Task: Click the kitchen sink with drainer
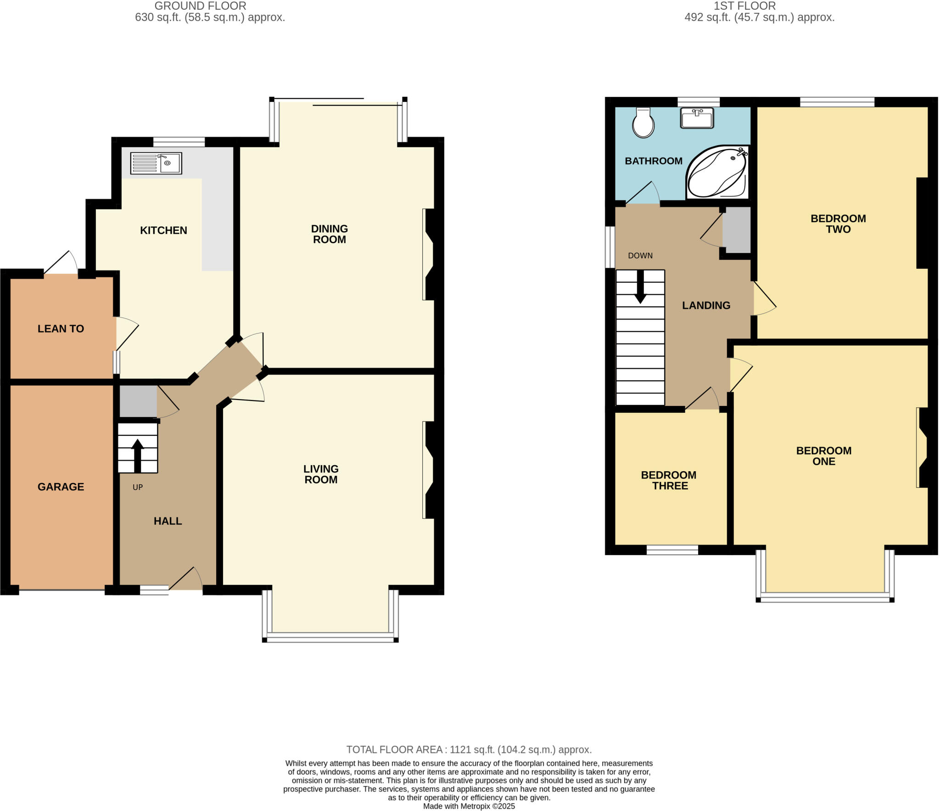pyautogui.click(x=156, y=163)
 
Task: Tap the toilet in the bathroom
pyautogui.click(x=643, y=123)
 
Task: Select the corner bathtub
pyautogui.click(x=716, y=172)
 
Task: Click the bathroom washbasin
pyautogui.click(x=697, y=118)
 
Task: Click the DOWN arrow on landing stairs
pyautogui.click(x=640, y=287)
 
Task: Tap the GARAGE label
pyautogui.click(x=61, y=487)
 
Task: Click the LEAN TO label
pyautogui.click(x=61, y=329)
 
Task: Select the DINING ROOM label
pyautogui.click(x=329, y=234)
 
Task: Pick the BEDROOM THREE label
pyautogui.click(x=669, y=480)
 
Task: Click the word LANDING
pyautogui.click(x=706, y=305)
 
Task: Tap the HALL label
pyautogui.click(x=168, y=521)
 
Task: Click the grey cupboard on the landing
pyautogui.click(x=737, y=230)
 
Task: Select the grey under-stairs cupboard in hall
pyautogui.click(x=138, y=401)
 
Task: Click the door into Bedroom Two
pyautogui.click(x=764, y=298)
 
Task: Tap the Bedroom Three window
pyautogui.click(x=672, y=550)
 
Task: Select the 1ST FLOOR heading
pyautogui.click(x=744, y=6)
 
